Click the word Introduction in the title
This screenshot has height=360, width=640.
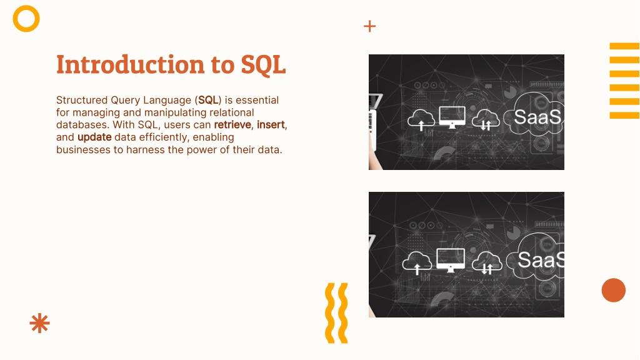point(130,64)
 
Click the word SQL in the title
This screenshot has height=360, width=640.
point(263,65)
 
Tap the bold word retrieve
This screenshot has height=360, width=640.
point(232,124)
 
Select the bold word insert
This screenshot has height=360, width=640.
point(271,124)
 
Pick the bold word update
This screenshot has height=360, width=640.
point(95,137)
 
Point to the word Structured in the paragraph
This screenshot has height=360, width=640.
point(82,100)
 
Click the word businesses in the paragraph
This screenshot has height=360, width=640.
point(83,150)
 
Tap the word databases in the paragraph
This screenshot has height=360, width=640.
point(82,124)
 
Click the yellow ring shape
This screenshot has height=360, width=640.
point(26,6)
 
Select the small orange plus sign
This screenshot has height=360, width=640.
point(369,26)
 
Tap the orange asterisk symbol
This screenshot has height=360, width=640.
point(39,323)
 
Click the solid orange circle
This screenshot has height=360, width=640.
point(614,290)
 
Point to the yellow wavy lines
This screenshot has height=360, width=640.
point(336,313)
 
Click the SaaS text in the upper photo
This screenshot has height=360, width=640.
point(537,117)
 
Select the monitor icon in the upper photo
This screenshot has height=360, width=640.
point(452,117)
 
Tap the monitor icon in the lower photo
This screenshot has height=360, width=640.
point(451,260)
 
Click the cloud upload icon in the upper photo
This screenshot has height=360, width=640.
point(421,119)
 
